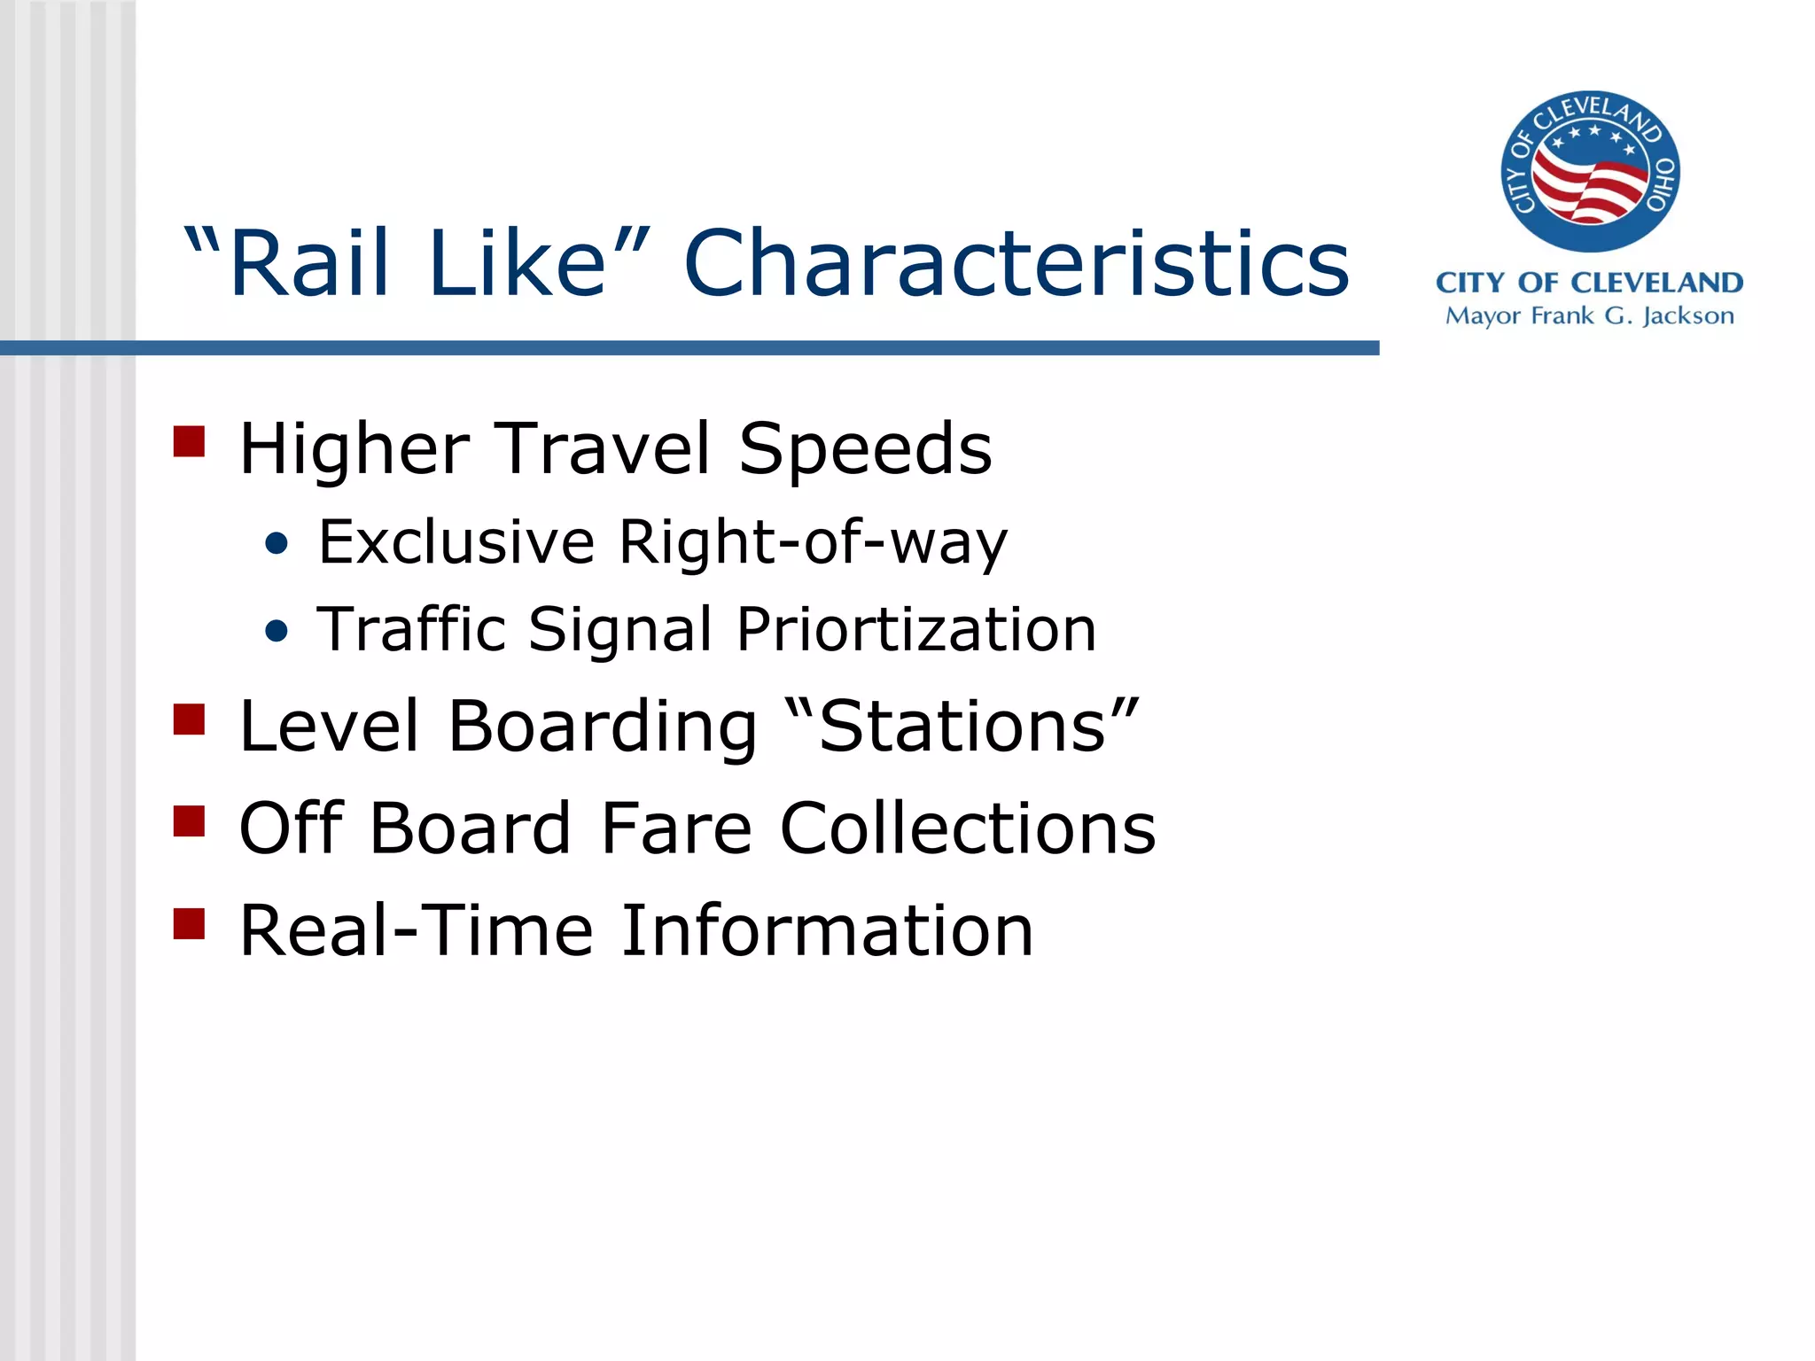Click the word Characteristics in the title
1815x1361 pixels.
1017,264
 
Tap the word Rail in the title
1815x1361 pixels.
308,264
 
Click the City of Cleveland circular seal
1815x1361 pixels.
1590,171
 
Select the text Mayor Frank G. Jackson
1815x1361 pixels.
1590,316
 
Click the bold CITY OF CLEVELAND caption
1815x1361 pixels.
1590,283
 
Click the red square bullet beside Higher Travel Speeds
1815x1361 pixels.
189,441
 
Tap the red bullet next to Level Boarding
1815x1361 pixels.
189,719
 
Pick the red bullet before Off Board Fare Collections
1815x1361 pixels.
189,821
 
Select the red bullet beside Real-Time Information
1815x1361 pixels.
189,923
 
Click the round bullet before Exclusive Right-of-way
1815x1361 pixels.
277,544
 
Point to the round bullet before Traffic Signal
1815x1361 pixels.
277,631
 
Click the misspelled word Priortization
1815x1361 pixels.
916,630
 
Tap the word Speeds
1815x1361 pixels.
865,449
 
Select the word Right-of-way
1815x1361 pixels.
813,542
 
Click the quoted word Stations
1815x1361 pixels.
962,727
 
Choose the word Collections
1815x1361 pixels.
968,828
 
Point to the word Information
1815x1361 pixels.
827,930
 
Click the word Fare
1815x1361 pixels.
675,828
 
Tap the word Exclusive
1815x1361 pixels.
456,542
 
